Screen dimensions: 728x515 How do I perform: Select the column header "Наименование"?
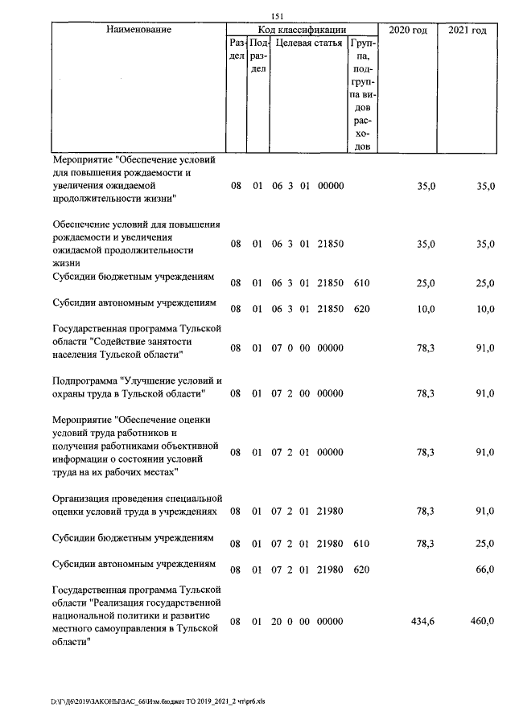138,30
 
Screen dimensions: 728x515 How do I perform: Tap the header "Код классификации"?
302,30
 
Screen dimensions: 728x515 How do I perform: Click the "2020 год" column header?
408,30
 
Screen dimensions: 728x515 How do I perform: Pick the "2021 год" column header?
467,30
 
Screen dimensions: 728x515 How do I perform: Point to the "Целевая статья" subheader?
309,43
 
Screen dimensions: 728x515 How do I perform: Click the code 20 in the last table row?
277,622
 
